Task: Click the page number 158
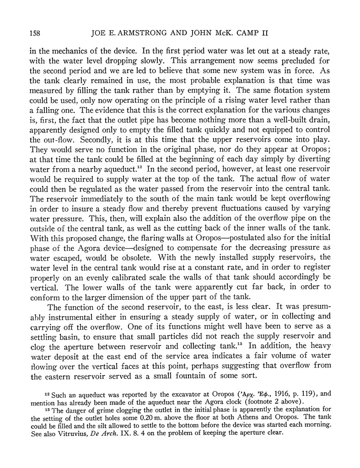(36, 32)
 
